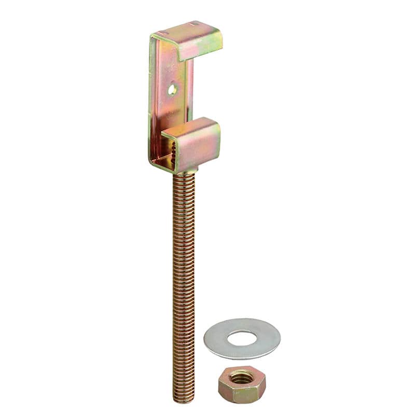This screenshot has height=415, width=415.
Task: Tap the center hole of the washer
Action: (242, 339)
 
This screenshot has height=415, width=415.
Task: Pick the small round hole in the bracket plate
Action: (172, 90)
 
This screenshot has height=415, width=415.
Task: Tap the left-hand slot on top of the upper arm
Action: (162, 33)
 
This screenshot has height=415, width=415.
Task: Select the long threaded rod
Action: (184, 285)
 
